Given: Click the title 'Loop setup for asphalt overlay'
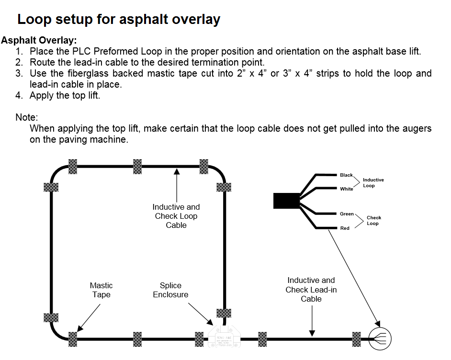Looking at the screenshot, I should (x=119, y=20).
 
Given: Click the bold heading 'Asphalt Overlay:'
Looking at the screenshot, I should (x=39, y=40).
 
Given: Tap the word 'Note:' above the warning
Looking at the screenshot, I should (x=27, y=117).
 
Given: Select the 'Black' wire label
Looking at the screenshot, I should (x=346, y=175).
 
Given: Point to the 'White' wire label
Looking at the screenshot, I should (x=347, y=189).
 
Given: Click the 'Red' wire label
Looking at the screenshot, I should (x=345, y=228).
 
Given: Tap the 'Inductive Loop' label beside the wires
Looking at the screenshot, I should (x=373, y=183).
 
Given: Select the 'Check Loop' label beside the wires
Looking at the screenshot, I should (x=373, y=221).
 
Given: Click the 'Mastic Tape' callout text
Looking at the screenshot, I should (x=101, y=290).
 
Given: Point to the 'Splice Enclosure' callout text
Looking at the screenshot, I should (x=170, y=290).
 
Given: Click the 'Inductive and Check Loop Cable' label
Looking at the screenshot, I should (x=176, y=216).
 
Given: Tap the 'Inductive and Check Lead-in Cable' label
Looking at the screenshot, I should (x=311, y=290).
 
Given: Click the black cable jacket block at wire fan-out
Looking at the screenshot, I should (x=286, y=201).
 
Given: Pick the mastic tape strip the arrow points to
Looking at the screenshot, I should (x=73, y=339).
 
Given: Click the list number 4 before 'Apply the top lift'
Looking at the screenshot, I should (x=19, y=95).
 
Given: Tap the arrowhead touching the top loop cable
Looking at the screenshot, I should (x=177, y=170).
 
